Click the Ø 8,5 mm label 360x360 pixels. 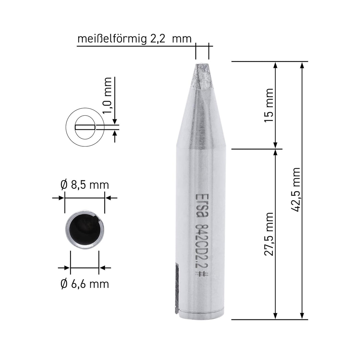pyautogui.click(x=85, y=184)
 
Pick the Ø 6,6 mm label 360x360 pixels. pyautogui.click(x=85, y=284)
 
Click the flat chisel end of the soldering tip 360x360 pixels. pyautogui.click(x=202, y=63)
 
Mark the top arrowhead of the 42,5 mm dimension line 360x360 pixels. pyautogui.click(x=302, y=65)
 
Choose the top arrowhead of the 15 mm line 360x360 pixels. pyautogui.click(x=275, y=65)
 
